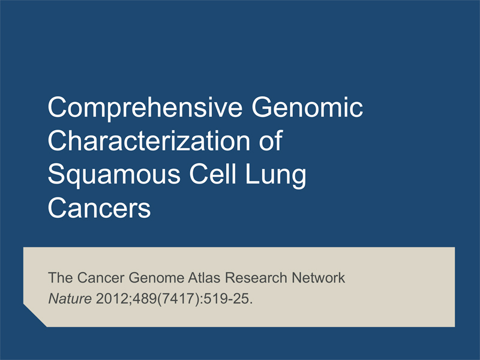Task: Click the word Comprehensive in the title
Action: (x=145, y=108)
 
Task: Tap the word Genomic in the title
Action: (x=307, y=108)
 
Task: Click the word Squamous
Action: (x=114, y=175)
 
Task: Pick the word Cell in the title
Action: (x=213, y=173)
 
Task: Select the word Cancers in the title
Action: (x=99, y=208)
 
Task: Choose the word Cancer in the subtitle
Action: (x=101, y=278)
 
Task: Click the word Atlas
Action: (x=204, y=278)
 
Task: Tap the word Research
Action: (x=256, y=278)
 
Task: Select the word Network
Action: (x=319, y=278)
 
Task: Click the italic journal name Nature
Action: (x=70, y=298)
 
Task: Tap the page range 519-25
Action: (x=228, y=298)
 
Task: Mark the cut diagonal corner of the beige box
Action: (x=35, y=316)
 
